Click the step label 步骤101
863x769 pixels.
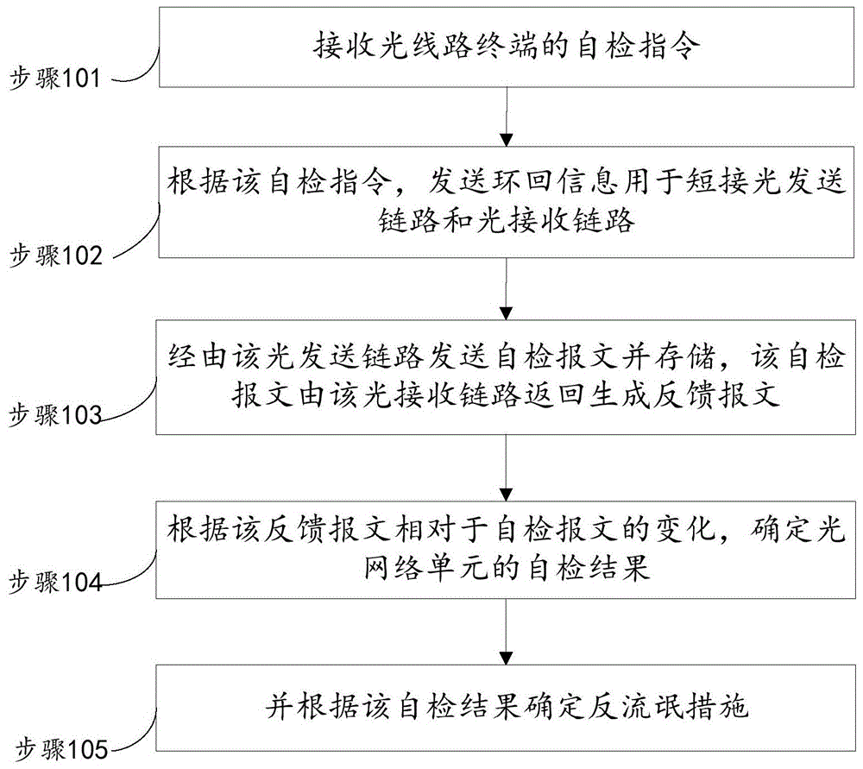55,79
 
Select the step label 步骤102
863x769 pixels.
56,255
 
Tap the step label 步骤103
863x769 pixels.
55,415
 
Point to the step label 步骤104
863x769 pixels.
55,582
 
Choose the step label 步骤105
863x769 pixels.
61,748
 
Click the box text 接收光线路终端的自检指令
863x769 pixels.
507,46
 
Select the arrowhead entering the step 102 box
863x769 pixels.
507,140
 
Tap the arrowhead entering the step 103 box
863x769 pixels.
506,313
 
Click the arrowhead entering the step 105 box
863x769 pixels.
506,659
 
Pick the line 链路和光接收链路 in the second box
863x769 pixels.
507,221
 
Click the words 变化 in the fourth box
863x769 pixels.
685,529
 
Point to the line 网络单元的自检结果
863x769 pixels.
507,568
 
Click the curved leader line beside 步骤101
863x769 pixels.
135,67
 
